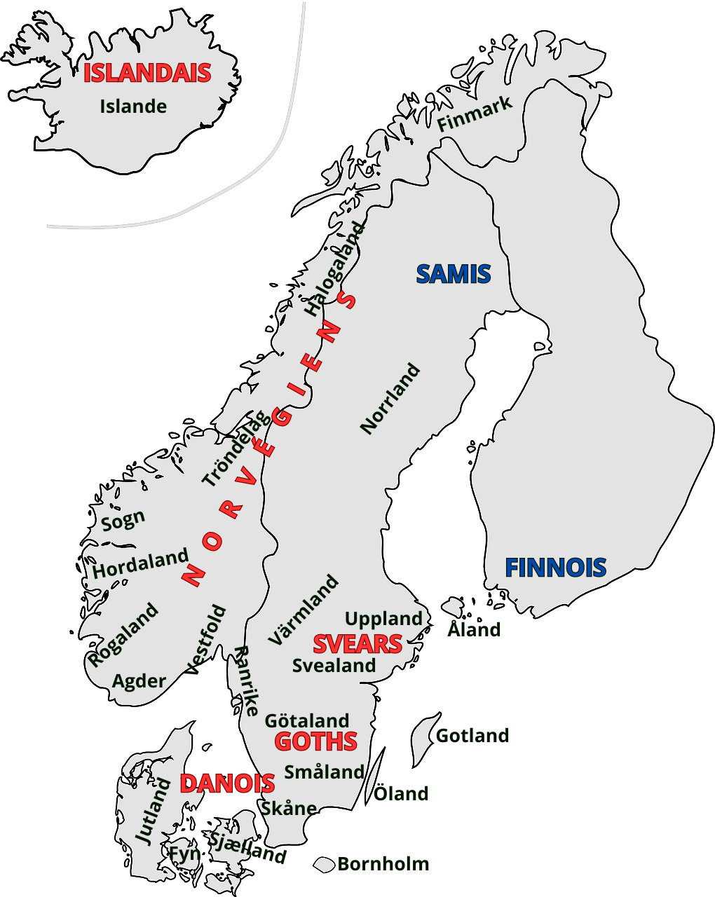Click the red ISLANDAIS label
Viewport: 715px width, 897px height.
click(x=147, y=73)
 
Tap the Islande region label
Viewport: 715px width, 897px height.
click(x=133, y=107)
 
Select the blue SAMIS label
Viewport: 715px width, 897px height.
click(x=454, y=274)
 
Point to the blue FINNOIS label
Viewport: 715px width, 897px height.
click(x=556, y=568)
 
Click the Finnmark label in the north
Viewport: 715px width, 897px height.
click(x=475, y=114)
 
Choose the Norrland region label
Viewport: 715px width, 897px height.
click(x=390, y=399)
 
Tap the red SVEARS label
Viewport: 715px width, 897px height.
click(x=357, y=644)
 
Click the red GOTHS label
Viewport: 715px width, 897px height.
click(x=315, y=741)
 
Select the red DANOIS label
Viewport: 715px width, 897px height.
click(x=227, y=783)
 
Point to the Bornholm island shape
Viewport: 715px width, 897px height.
click(x=324, y=865)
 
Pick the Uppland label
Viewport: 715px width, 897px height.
click(x=383, y=619)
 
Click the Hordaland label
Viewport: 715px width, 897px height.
click(x=140, y=564)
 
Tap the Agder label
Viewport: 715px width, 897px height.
click(x=139, y=680)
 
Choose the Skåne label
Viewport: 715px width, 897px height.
click(x=289, y=808)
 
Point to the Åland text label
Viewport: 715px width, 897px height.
click(x=474, y=629)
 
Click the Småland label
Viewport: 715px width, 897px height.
click(x=324, y=772)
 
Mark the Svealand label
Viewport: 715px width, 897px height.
click(x=334, y=665)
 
